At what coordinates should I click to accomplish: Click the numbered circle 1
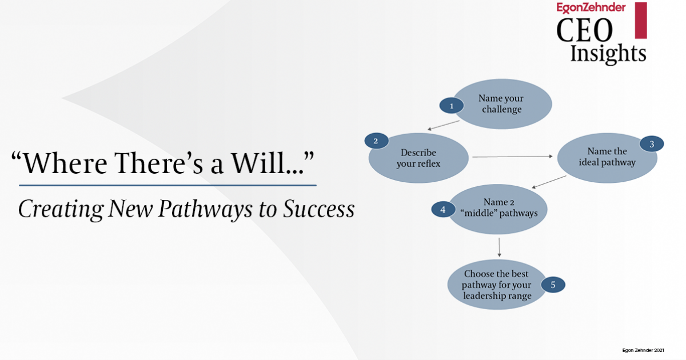coord(451,106)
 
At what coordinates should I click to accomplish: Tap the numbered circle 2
coord(376,141)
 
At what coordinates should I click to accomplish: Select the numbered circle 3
coord(652,144)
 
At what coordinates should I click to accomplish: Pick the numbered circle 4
coord(443,209)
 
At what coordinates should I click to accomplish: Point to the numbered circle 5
coord(553,284)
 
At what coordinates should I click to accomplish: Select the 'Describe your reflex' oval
coord(418,158)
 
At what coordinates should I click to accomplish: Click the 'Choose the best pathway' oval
coord(496,285)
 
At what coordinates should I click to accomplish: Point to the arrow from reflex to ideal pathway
coord(512,155)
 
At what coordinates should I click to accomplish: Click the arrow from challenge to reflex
coord(444,125)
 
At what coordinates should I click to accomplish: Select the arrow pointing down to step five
coord(500,247)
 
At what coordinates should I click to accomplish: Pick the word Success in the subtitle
coord(318,209)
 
